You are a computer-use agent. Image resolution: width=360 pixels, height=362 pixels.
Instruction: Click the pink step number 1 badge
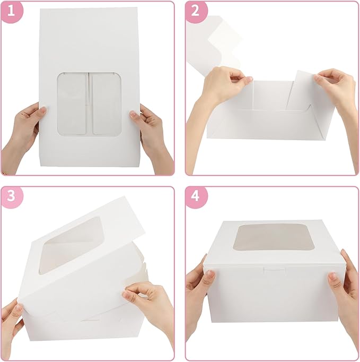point(12,12)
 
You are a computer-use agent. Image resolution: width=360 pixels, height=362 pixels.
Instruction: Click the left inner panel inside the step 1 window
point(73,104)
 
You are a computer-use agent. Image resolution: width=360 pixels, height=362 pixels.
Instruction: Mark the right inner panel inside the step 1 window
point(106,104)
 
